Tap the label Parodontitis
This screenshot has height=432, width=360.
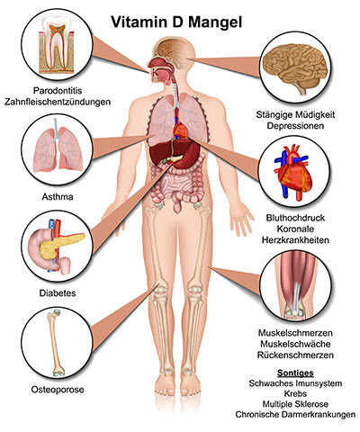click(x=58, y=90)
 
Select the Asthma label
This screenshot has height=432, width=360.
click(x=58, y=197)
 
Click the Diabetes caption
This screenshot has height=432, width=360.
click(x=58, y=293)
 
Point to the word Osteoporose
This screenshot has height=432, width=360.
click(x=58, y=390)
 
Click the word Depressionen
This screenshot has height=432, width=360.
click(x=295, y=126)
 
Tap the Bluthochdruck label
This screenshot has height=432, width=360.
click(x=295, y=218)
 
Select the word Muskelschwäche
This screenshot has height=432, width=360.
click(x=295, y=344)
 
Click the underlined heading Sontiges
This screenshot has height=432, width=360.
click(x=295, y=373)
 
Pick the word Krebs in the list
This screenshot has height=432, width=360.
click(x=295, y=393)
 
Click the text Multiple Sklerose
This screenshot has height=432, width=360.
click(x=295, y=404)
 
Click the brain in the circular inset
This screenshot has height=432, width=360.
click(x=295, y=67)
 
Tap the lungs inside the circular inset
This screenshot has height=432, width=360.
click(x=58, y=148)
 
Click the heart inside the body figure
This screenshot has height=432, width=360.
click(x=181, y=131)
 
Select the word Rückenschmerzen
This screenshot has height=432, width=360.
click(x=295, y=355)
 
